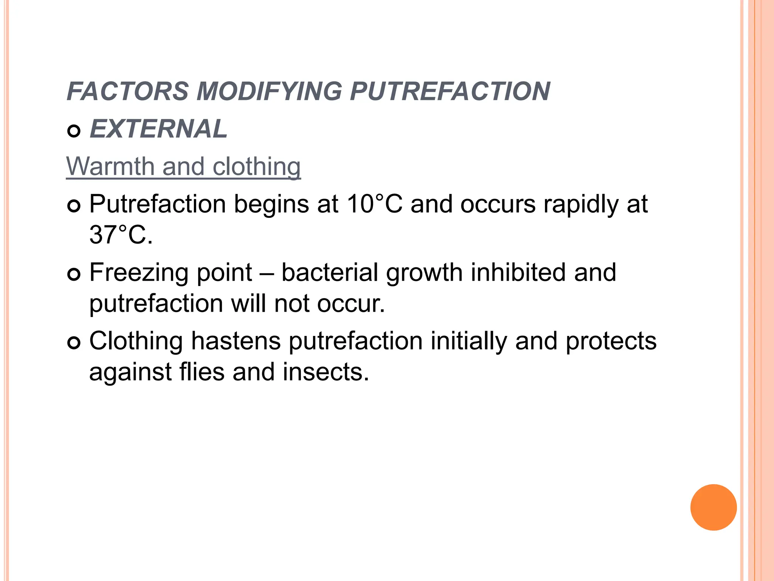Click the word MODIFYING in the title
(269, 92)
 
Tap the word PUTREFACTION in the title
(450, 92)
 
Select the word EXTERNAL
(158, 129)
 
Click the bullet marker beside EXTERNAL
(74, 131)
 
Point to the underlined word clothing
(257, 166)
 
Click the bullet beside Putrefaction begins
(74, 207)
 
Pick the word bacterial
(330, 273)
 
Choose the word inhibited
(518, 273)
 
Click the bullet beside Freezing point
(74, 275)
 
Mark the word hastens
(236, 341)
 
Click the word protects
(611, 341)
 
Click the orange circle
(713, 507)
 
